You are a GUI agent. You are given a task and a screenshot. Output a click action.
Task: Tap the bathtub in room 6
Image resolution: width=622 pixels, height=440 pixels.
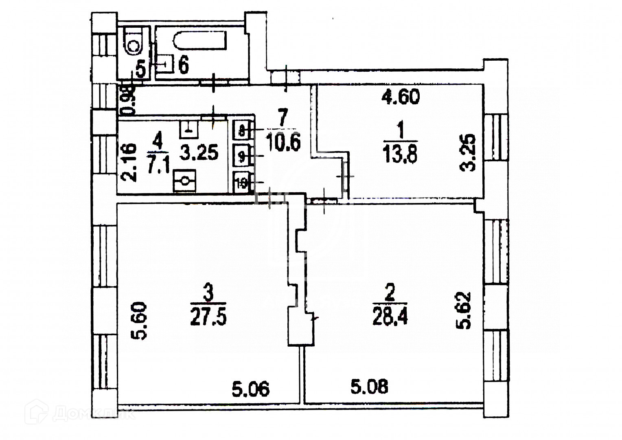(x=200, y=41)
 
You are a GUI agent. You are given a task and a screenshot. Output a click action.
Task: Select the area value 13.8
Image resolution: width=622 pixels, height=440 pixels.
(x=400, y=155)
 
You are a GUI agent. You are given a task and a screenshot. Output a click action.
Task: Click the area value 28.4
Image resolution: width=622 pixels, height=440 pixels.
(x=390, y=317)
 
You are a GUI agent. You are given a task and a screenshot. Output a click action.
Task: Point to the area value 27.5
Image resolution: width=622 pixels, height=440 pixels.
(x=208, y=317)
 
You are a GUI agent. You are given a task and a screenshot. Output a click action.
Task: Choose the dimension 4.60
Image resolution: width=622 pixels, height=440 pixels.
(x=400, y=97)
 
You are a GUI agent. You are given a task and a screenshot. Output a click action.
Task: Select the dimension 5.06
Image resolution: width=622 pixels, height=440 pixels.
(x=250, y=389)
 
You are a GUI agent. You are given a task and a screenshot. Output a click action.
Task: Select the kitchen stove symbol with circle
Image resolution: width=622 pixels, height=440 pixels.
(x=185, y=181)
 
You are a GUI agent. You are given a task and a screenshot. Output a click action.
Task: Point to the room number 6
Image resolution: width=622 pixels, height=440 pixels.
(x=184, y=64)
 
